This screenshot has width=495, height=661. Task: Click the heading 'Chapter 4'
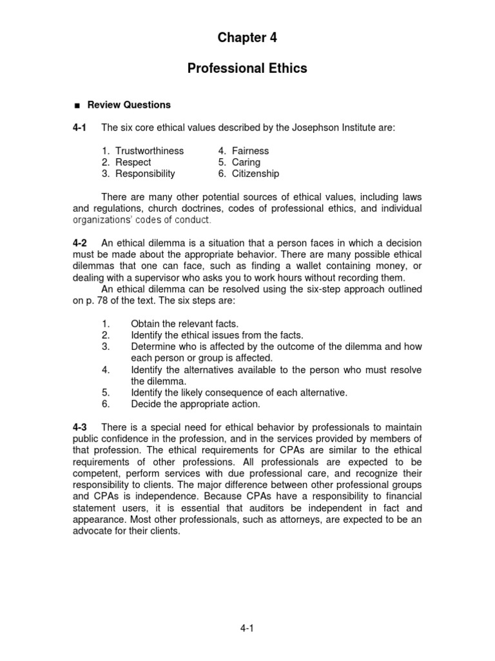click(x=247, y=37)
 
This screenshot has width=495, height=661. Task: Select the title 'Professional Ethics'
click(x=247, y=68)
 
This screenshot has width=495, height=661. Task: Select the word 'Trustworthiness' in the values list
click(x=150, y=151)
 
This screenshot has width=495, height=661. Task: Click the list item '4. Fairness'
click(x=243, y=151)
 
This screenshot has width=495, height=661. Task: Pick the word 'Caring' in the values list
click(x=246, y=163)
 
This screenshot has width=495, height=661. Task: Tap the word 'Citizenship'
click(x=256, y=174)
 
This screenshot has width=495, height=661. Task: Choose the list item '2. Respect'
click(x=126, y=163)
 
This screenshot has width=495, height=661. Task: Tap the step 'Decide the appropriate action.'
click(x=195, y=404)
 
